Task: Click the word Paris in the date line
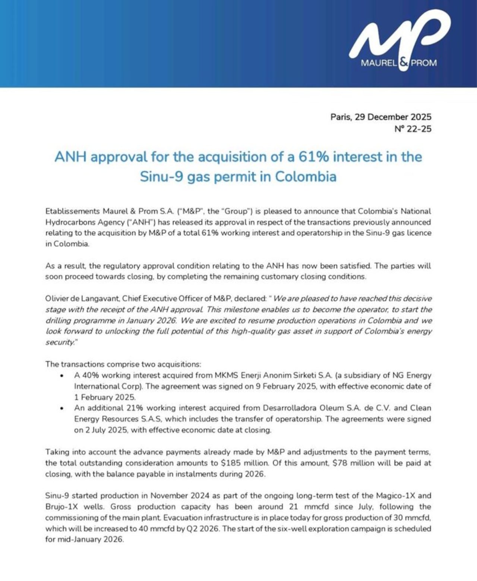pyautogui.click(x=341, y=117)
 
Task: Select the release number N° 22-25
pyautogui.click(x=413, y=129)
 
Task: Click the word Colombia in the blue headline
pyautogui.click(x=306, y=176)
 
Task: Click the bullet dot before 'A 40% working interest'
pyautogui.click(x=62, y=376)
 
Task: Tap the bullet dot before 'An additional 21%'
pyautogui.click(x=62, y=408)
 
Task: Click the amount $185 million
pyautogui.click(x=244, y=463)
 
